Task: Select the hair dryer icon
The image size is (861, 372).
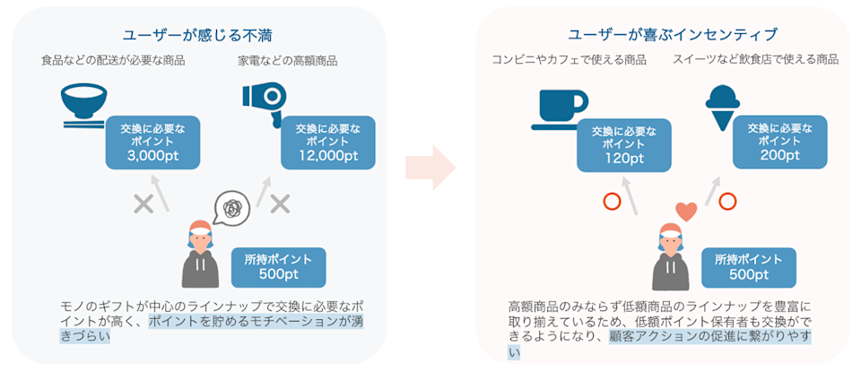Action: coord(263,100)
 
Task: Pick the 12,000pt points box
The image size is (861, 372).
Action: coord(327,143)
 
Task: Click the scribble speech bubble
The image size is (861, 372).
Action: coord(230,208)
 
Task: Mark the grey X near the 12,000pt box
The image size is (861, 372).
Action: coord(281,203)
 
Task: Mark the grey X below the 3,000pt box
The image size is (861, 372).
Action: coord(143,203)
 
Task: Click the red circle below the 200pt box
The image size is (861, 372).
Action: coord(728,201)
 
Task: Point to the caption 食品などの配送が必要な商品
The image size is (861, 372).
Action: coord(112,62)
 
